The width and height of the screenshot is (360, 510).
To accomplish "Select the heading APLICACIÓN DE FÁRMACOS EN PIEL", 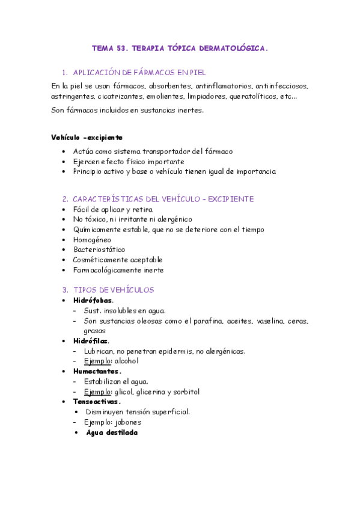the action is [x=139, y=72].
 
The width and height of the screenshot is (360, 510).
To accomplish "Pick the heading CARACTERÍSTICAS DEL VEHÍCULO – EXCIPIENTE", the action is [x=163, y=199].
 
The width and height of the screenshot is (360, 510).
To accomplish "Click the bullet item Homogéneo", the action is [x=93, y=239].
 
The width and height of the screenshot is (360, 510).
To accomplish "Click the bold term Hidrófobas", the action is [x=93, y=300].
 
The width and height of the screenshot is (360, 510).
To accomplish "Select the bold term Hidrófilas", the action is [x=91, y=341].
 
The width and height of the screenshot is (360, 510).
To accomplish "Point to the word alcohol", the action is [x=126, y=361].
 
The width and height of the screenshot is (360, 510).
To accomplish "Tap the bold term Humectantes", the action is [x=97, y=372].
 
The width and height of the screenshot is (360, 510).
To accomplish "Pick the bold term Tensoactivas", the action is [x=97, y=402].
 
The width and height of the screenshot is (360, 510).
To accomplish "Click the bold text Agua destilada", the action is [x=112, y=432].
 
